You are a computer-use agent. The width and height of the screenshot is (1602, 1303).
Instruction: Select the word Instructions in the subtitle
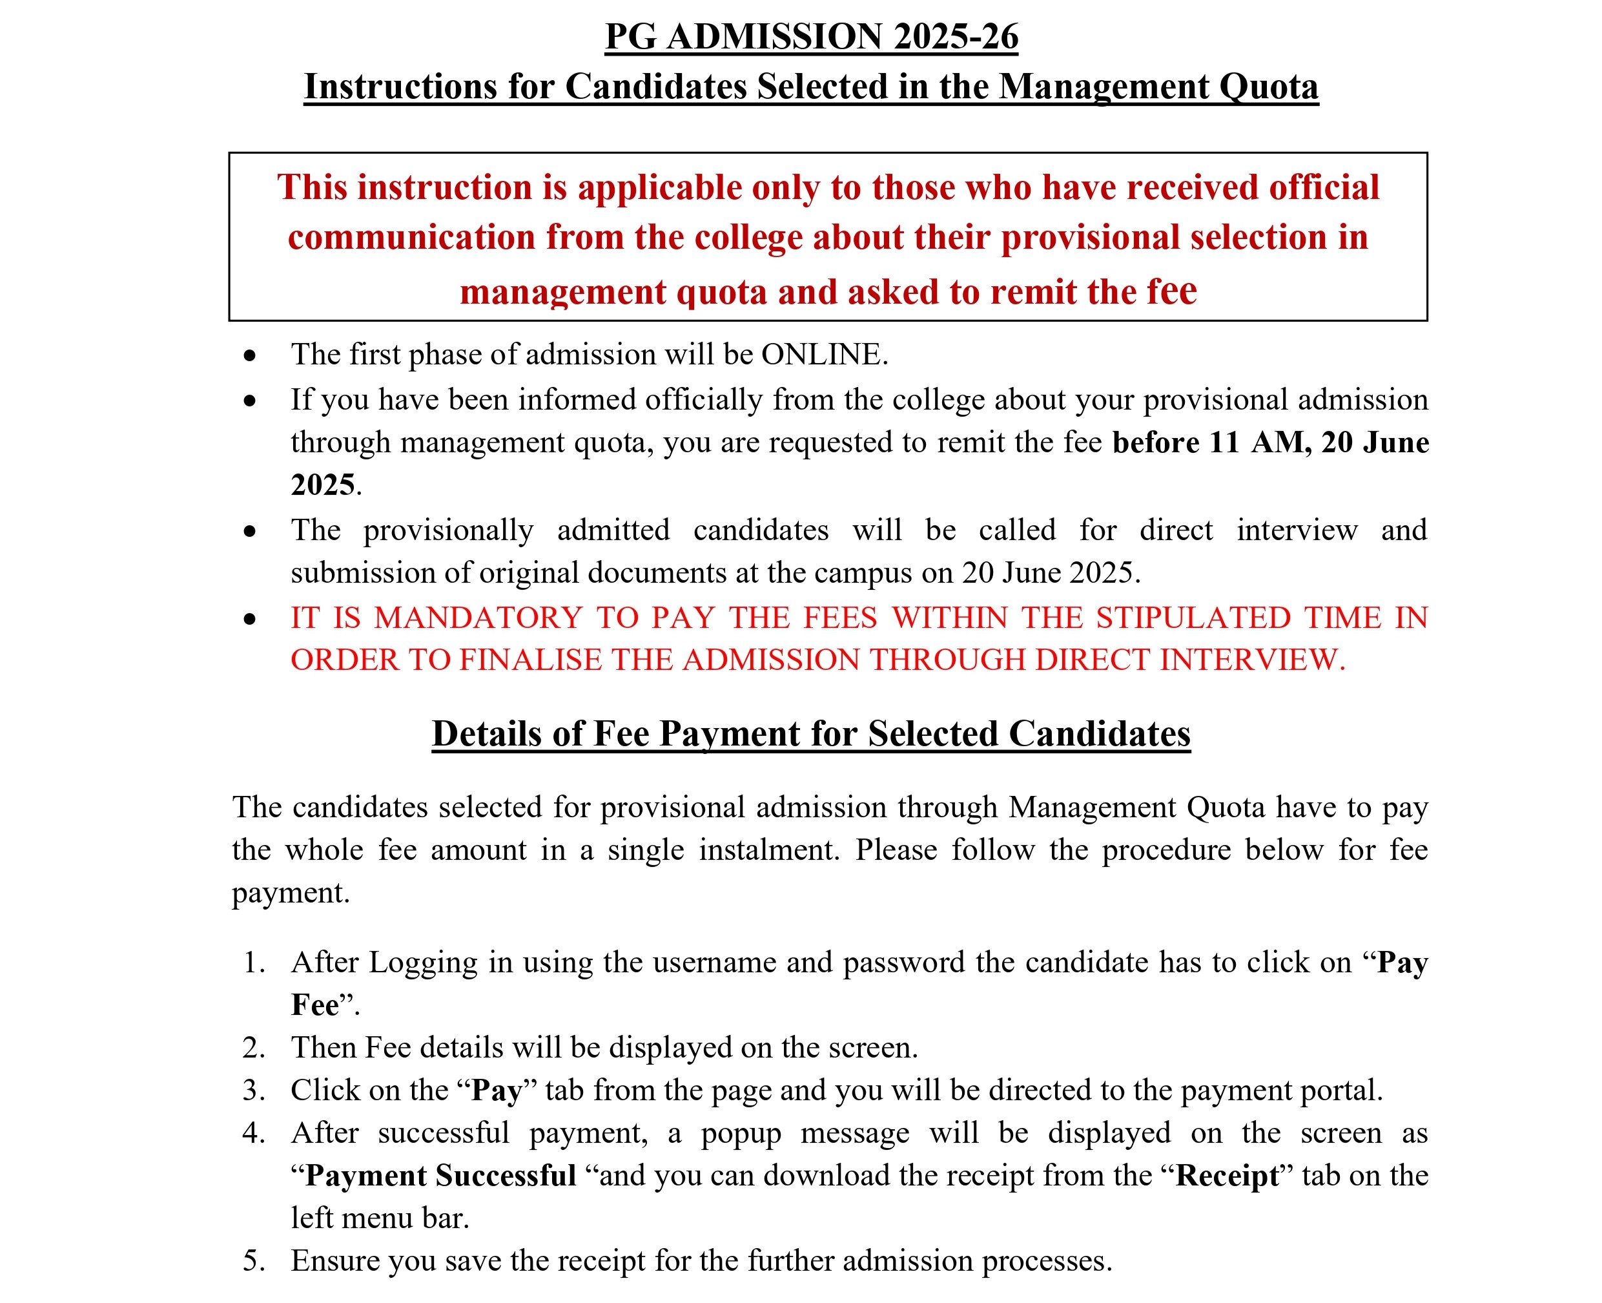(x=399, y=87)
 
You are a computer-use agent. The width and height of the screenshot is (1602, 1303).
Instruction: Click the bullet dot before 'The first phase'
(x=250, y=356)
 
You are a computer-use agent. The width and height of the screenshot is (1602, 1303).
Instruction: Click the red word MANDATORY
(x=478, y=618)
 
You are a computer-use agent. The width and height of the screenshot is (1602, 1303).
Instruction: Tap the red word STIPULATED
(x=1191, y=618)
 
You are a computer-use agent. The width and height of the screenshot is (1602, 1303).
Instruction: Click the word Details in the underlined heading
(x=486, y=733)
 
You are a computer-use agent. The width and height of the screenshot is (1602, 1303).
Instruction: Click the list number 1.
(x=253, y=963)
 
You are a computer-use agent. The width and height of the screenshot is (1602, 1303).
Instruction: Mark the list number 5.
(x=254, y=1261)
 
